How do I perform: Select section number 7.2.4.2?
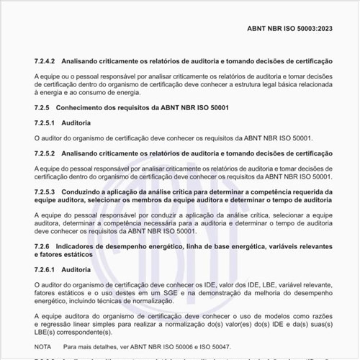point(48,63)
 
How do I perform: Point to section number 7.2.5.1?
point(47,122)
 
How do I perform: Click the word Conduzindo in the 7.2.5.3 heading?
point(86,192)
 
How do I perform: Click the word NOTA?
point(42,346)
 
